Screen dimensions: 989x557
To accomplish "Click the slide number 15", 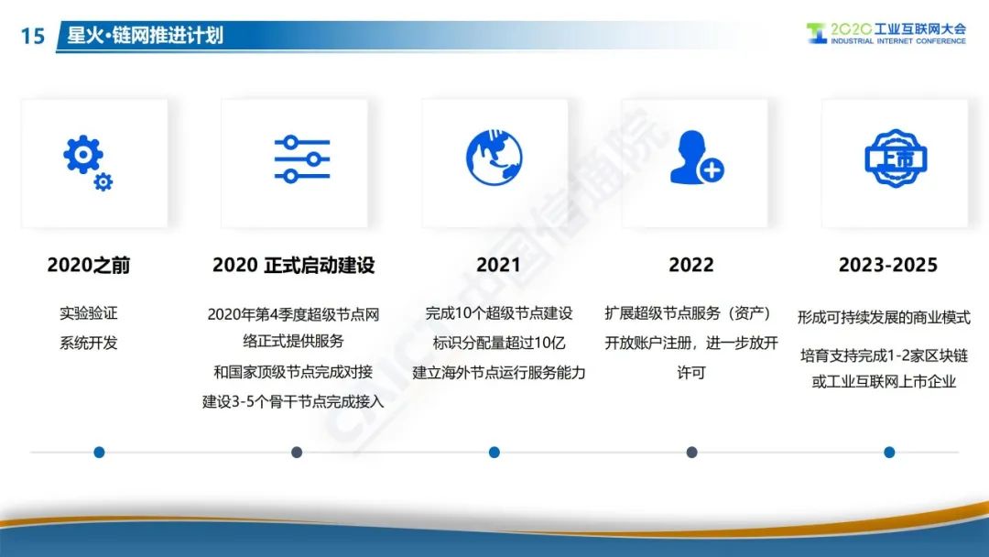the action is point(33,36).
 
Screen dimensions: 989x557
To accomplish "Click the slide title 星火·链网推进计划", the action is point(145,35).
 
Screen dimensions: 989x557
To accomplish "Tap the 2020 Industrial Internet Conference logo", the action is point(886,33).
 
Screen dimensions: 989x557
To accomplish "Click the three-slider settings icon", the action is point(302,159).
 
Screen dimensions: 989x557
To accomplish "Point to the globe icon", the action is point(494,158).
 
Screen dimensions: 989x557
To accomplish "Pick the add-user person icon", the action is point(696,158).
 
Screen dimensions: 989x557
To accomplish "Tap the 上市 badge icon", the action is point(896,158).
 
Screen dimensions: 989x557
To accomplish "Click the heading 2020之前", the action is point(88,265).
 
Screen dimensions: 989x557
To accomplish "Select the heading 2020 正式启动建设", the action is point(293,265).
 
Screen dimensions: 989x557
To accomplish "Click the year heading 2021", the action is point(498,265).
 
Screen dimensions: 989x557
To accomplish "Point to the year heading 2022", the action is point(691,265).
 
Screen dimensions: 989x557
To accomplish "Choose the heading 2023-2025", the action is point(888,265).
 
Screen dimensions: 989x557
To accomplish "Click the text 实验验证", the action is point(88,313).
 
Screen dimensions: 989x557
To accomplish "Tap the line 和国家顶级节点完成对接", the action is point(293,372).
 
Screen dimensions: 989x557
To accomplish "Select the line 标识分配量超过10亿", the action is point(498,343).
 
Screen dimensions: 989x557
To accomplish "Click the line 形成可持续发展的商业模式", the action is point(884,317).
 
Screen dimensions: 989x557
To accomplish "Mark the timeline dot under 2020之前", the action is point(99,453).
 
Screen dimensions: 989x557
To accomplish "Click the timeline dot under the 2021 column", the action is point(494,453).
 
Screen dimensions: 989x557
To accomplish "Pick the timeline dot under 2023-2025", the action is point(889,453).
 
